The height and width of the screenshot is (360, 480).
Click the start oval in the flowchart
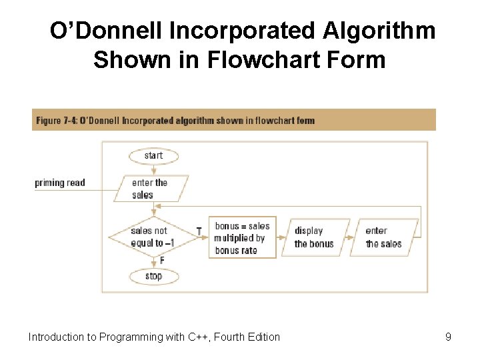[153, 155]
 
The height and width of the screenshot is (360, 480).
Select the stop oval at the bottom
[153, 276]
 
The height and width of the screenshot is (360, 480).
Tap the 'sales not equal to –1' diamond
[153, 237]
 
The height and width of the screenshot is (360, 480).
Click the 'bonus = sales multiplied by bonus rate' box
[243, 238]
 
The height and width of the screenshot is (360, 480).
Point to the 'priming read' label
[60, 183]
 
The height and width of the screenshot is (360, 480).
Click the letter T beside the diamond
[199, 231]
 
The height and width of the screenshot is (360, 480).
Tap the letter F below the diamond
[161, 261]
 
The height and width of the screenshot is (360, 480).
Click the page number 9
[448, 337]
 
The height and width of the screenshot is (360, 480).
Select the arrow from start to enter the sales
[153, 169]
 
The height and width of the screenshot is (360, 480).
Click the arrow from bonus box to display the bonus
[281, 237]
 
